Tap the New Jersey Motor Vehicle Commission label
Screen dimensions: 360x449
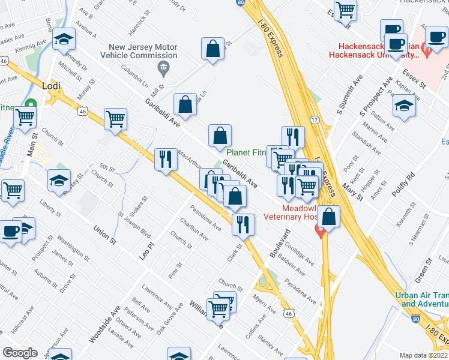tap(143, 51)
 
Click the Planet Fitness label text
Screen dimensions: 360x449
tap(246, 152)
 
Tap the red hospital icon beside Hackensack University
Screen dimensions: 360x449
tap(427, 51)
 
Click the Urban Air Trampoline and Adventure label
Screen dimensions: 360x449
tap(422, 299)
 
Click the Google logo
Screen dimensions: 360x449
tap(20, 353)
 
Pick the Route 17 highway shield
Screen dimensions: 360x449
tap(315, 120)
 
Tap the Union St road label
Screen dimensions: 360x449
tap(104, 233)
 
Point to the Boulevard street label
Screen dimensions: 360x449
tap(279, 243)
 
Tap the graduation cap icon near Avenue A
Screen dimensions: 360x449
tap(64, 39)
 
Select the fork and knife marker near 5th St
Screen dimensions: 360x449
tap(164, 159)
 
